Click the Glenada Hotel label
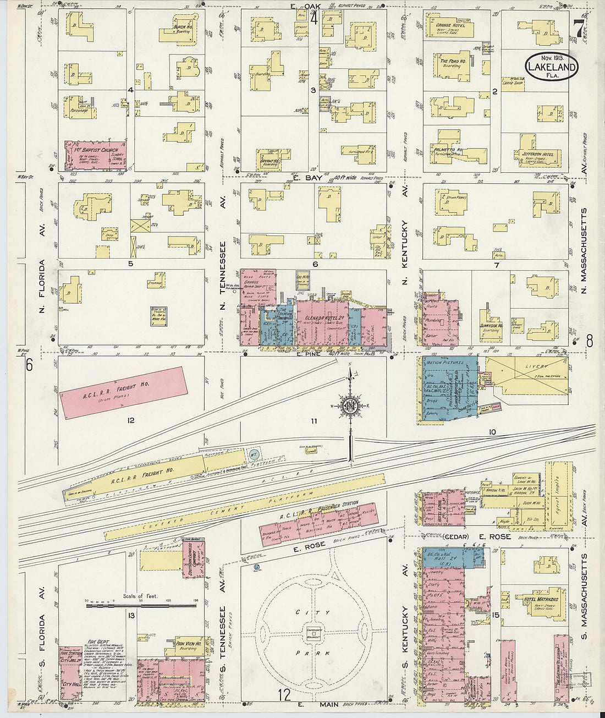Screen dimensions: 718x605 tap(318, 319)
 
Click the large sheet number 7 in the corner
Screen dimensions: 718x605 tap(578, 29)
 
